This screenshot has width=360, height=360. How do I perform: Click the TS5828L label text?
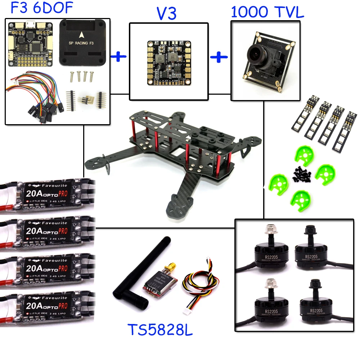click(x=160, y=330)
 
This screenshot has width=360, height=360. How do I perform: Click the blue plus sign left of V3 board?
click(x=119, y=57)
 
